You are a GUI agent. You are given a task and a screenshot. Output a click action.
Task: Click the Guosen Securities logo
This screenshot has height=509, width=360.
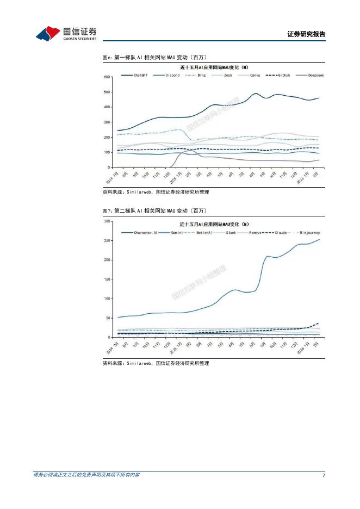click(66, 34)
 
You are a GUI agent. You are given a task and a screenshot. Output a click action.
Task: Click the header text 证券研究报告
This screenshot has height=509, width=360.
click(306, 34)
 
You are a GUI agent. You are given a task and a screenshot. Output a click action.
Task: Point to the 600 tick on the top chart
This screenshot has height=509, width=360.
click(107, 77)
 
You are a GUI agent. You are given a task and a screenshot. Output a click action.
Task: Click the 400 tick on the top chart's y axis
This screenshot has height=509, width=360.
click(107, 107)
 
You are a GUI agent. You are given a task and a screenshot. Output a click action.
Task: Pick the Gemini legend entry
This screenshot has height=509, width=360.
click(177, 232)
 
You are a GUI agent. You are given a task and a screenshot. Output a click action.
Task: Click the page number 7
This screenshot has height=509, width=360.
click(324, 476)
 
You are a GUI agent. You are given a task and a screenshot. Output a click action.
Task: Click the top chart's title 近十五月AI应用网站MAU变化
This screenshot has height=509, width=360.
click(214, 67)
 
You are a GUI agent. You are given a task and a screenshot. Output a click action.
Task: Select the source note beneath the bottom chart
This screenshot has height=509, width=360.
click(156, 363)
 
